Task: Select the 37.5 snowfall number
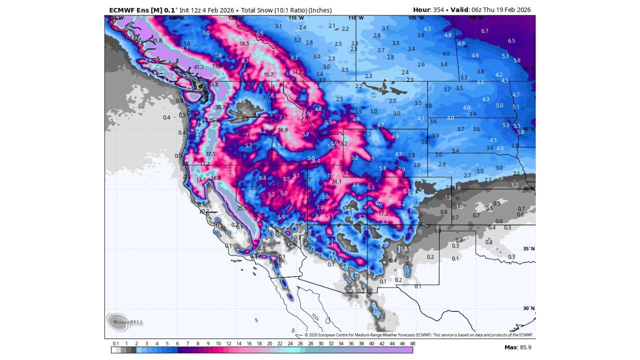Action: (210, 154)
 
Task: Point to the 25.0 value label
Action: (242, 208)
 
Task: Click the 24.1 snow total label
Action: (336, 181)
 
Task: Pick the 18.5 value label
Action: (244, 43)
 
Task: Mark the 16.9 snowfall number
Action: (283, 130)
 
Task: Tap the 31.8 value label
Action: (157, 40)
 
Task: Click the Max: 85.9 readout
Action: (517, 347)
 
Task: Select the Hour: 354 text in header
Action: (429, 9)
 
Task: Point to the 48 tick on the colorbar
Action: (412, 343)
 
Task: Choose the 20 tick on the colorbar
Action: (269, 343)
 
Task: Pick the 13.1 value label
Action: (201, 180)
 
